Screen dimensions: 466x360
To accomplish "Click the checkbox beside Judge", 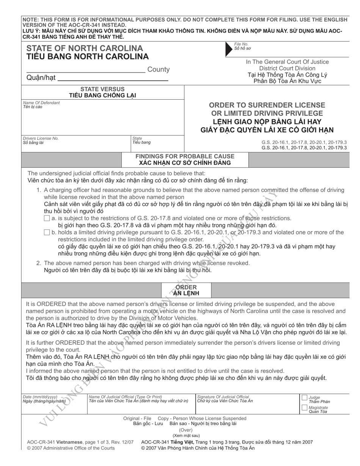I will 304,398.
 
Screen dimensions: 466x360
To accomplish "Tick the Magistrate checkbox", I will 304,407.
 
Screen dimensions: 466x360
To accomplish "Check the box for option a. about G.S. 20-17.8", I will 47,218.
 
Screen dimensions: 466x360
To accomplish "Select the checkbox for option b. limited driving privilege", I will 47,232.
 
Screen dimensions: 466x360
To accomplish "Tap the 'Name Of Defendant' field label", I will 41,103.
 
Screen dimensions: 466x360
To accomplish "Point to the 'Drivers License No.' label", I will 41,138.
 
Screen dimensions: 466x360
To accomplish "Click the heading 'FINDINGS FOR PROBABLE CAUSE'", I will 185,156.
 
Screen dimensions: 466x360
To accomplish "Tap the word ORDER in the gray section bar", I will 186,287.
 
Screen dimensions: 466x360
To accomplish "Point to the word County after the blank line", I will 158,70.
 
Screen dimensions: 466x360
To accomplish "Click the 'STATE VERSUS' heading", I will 102,89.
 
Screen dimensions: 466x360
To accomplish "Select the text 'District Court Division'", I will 287,68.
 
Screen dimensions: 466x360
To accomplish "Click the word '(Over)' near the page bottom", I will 186,430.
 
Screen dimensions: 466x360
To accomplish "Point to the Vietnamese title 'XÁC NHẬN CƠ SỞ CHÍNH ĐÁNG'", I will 185,163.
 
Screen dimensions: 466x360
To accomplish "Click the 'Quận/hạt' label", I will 41,78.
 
